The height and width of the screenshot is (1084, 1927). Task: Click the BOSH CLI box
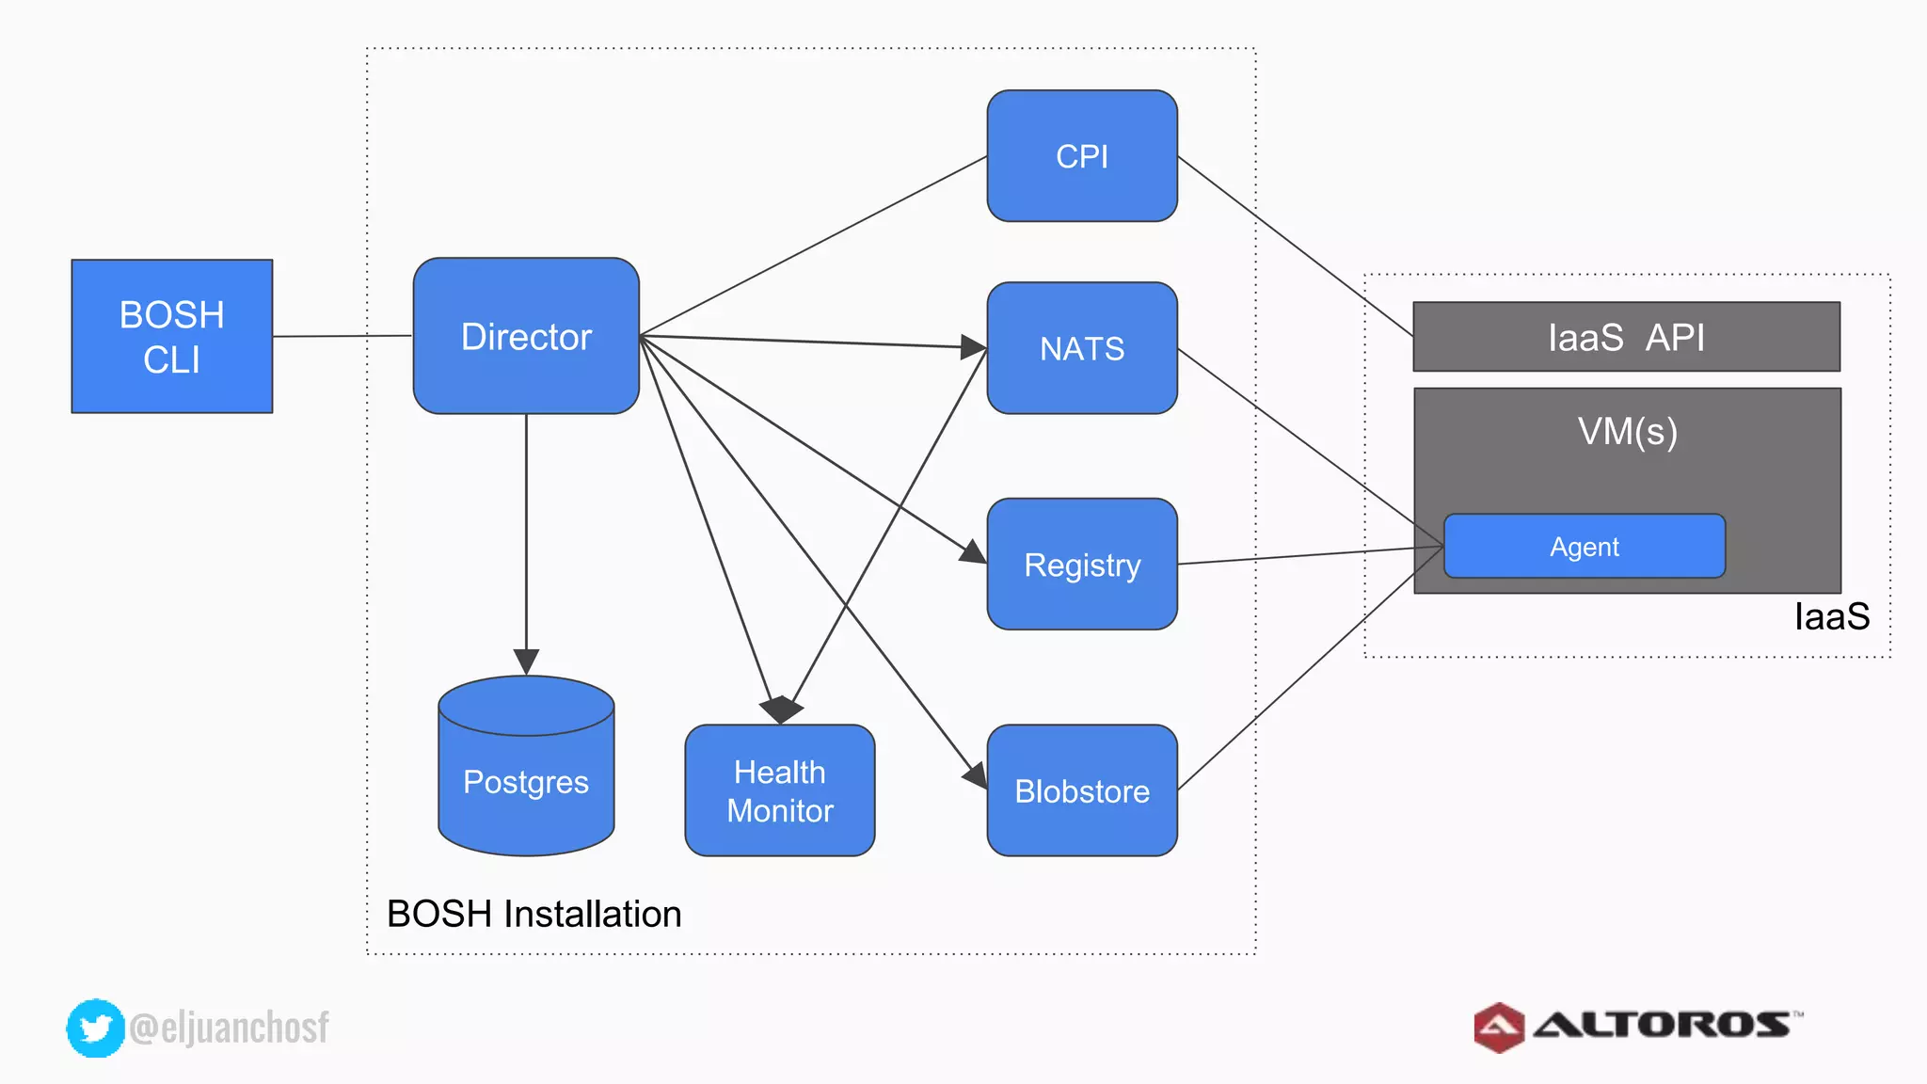coord(172,336)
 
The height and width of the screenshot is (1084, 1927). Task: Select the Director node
coord(526,336)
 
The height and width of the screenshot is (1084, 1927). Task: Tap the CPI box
coord(1082,156)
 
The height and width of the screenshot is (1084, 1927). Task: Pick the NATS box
coord(1082,348)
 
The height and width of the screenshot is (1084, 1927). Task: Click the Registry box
coord(1082,565)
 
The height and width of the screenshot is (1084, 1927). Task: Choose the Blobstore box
coord(1082,790)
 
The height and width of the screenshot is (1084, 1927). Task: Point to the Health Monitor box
coord(780,790)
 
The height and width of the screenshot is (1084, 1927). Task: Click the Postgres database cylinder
coord(526,781)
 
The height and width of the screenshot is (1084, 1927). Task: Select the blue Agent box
coord(1585,546)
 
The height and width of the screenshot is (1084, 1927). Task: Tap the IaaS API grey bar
coord(1626,337)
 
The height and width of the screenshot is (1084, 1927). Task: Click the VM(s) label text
coord(1628,432)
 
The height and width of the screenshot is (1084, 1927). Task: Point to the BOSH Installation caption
coord(534,914)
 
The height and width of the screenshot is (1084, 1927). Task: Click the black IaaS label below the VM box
coord(1831,617)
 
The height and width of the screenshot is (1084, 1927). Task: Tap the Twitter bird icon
coord(95,1028)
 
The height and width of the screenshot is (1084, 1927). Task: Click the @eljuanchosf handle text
coord(229,1028)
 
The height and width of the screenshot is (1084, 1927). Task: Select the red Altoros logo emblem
coord(1499,1027)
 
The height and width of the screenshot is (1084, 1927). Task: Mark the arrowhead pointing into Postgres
coord(526,662)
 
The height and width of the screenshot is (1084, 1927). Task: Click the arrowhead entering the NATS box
coord(973,346)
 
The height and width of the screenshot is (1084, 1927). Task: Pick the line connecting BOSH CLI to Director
coord(342,336)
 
